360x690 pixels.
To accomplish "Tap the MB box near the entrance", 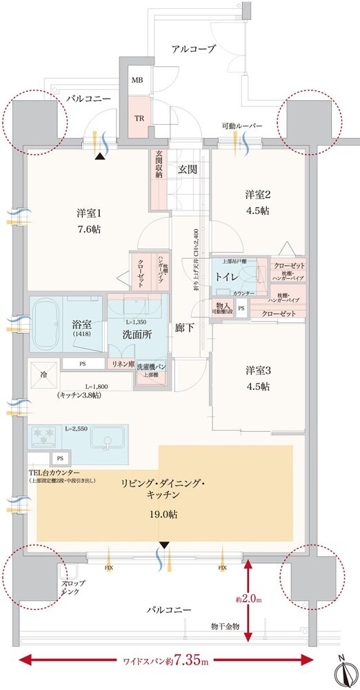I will pyautogui.click(x=138, y=80).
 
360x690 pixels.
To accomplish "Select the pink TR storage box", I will pyautogui.click(x=138, y=117).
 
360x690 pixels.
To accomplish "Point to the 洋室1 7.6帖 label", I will pyautogui.click(x=89, y=221).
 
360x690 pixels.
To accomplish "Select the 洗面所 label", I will pyautogui.click(x=138, y=334).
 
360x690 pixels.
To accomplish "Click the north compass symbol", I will pyautogui.click(x=342, y=669).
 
